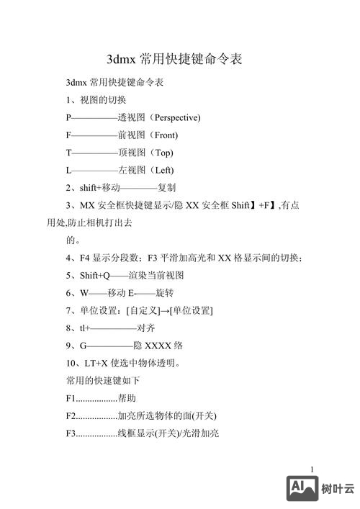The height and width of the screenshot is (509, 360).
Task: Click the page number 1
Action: tap(312, 470)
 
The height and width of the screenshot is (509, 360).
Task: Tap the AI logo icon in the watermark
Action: tap(302, 488)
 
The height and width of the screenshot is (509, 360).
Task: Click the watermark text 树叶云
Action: tap(338, 489)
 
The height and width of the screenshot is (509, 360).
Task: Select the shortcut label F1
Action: tap(71, 398)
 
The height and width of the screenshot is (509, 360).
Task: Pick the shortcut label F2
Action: tap(71, 415)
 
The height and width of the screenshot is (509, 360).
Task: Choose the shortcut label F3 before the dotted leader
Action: tap(71, 433)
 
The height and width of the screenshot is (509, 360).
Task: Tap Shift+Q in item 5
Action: tap(95, 275)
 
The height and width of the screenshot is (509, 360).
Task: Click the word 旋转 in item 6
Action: tap(165, 293)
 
